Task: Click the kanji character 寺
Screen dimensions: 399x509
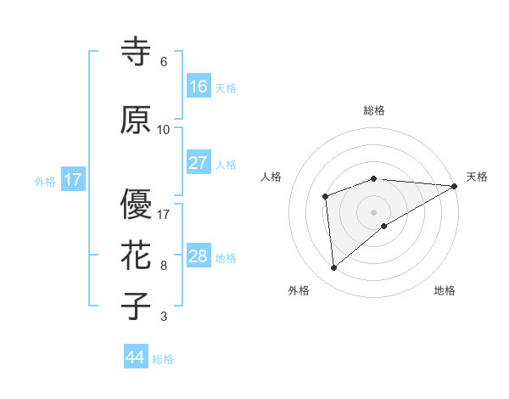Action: tap(137, 51)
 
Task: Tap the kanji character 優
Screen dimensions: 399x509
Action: tap(137, 204)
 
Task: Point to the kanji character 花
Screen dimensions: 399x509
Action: tap(137, 255)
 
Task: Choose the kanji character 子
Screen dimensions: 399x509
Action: tap(137, 306)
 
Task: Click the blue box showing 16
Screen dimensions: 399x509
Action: tap(199, 87)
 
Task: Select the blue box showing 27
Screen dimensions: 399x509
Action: tap(199, 163)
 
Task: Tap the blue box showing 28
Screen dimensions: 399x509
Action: tap(199, 256)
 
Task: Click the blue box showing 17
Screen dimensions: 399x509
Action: tap(73, 180)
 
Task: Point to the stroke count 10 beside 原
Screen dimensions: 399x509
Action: tap(164, 130)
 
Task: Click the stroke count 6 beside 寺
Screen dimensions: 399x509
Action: tap(164, 62)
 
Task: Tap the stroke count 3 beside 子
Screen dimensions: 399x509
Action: tap(164, 317)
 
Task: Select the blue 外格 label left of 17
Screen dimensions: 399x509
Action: tap(45, 181)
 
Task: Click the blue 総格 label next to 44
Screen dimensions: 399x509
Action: tap(163, 359)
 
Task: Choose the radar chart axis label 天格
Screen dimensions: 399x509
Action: tap(477, 177)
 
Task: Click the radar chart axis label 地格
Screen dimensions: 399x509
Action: tap(445, 290)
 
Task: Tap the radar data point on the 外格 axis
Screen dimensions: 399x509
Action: tap(334, 268)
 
